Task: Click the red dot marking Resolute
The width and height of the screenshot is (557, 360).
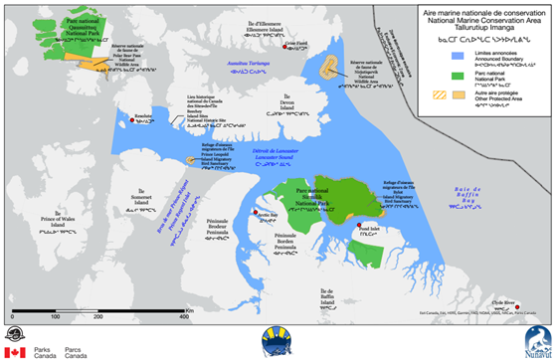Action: click(x=129, y=124)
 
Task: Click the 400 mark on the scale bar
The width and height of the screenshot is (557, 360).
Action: click(x=185, y=316)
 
